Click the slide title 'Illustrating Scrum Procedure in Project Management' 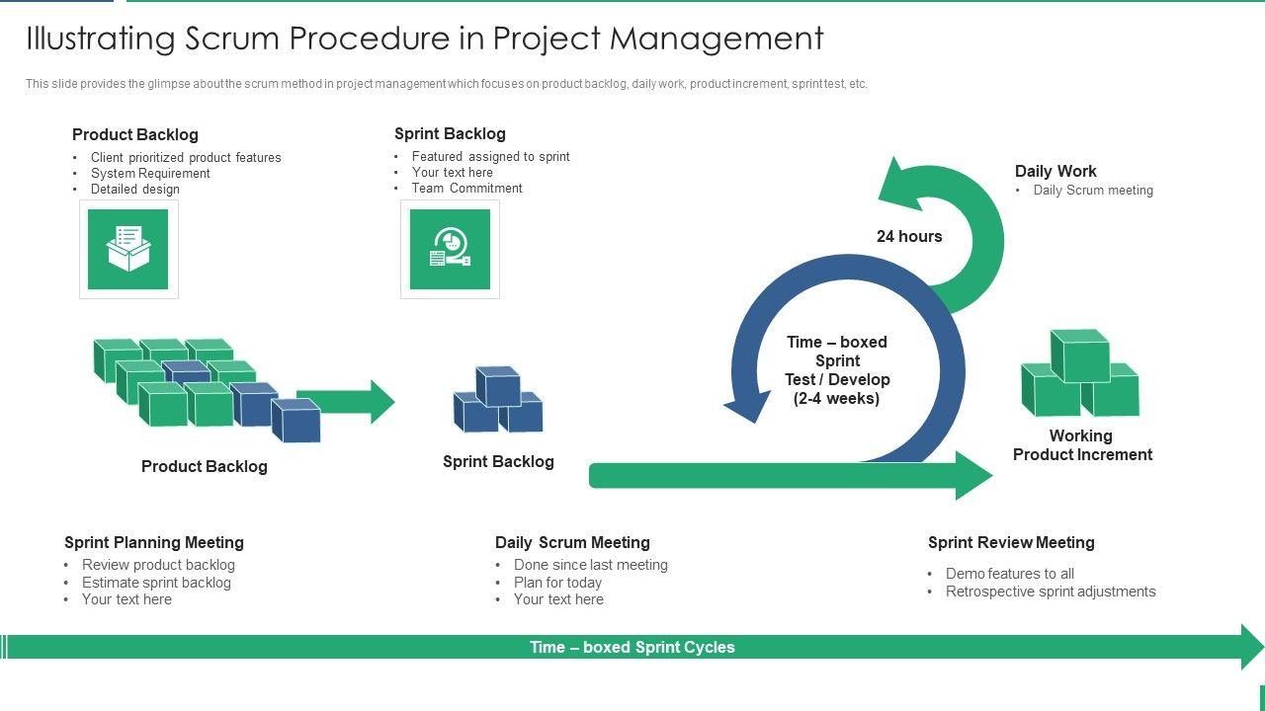(x=425, y=39)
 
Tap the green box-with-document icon (x=128, y=249)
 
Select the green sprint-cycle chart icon (x=450, y=249)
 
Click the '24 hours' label (x=909, y=236)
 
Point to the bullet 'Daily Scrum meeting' (x=1093, y=191)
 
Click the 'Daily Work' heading (x=1055, y=171)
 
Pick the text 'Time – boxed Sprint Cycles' (x=632, y=647)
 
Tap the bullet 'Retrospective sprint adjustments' (x=1051, y=592)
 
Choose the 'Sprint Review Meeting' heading (x=1011, y=542)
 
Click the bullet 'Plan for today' (x=557, y=583)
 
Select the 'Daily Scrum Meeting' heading (x=572, y=542)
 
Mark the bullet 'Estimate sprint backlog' (x=156, y=583)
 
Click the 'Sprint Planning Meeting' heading (x=153, y=542)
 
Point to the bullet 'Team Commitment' (x=467, y=188)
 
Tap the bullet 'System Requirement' (x=150, y=173)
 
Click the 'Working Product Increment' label (x=1082, y=444)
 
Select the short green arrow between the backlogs (x=346, y=402)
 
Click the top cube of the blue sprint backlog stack (x=497, y=386)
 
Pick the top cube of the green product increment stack (x=1080, y=355)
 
